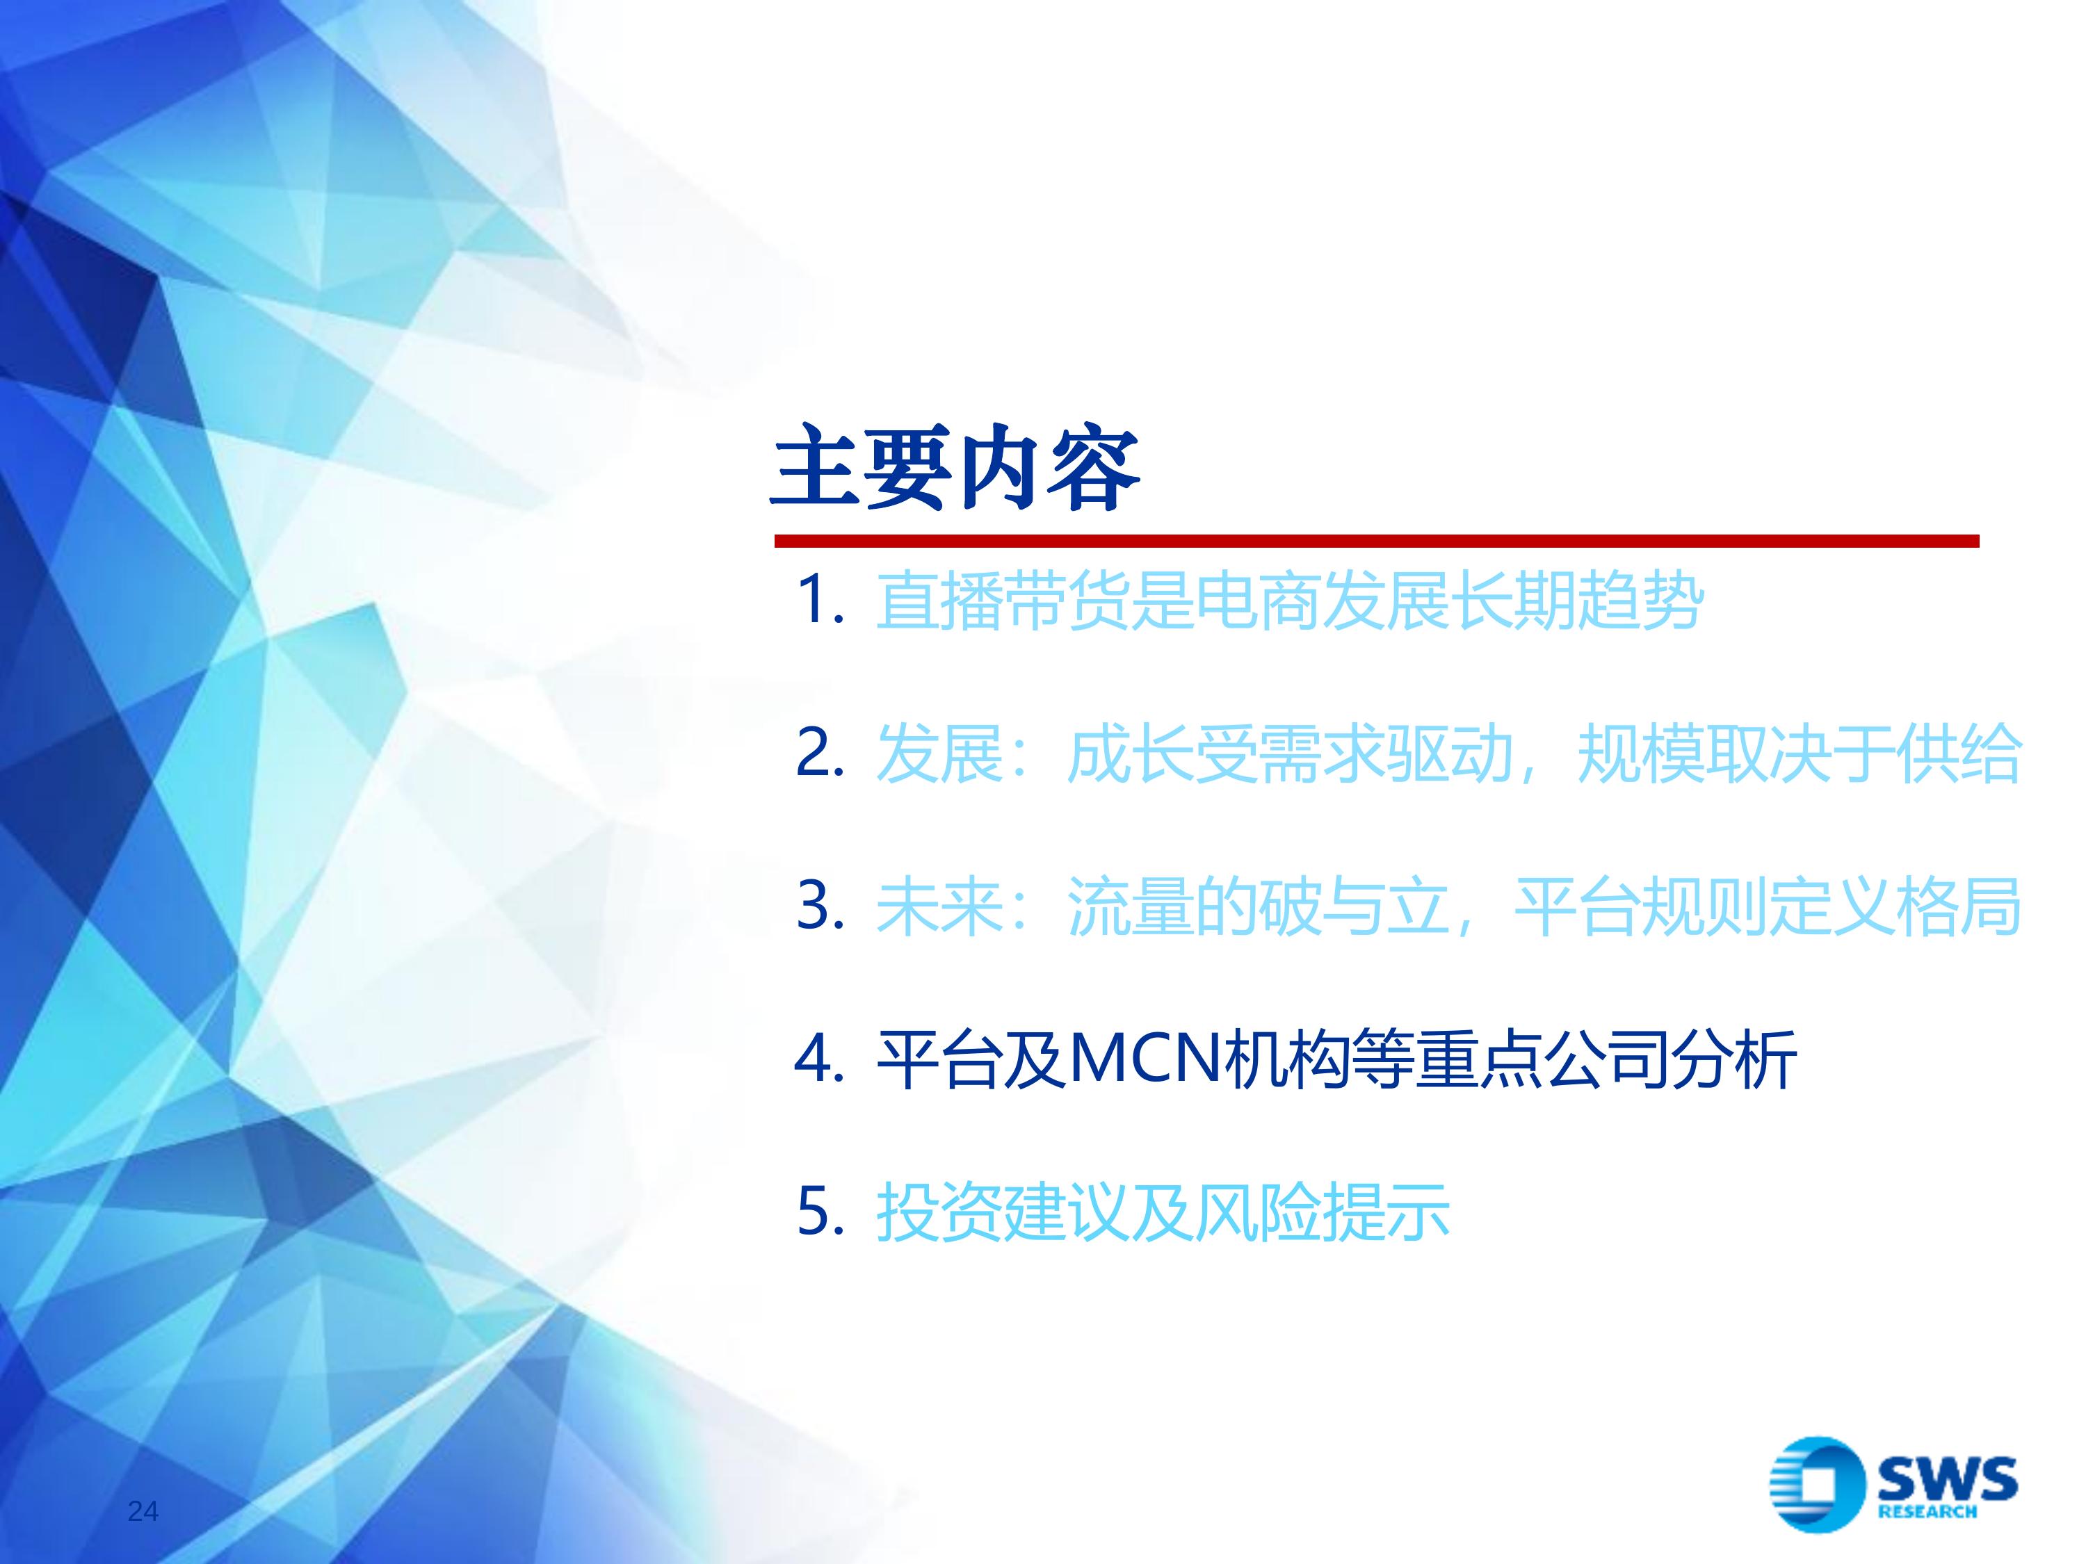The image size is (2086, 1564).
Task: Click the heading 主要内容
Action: (x=955, y=468)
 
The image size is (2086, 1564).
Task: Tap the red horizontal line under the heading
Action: (x=1376, y=541)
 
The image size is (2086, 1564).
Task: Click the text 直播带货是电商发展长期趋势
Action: (x=1289, y=601)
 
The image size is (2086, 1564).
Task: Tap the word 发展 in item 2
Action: (x=938, y=754)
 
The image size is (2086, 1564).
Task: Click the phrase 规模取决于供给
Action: (x=1798, y=754)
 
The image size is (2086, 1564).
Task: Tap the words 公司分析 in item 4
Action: (x=1670, y=1059)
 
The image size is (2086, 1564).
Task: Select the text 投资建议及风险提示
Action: (x=1163, y=1212)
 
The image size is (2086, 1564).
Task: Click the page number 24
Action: (x=143, y=1511)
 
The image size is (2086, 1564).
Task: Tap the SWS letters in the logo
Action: (x=1946, y=1480)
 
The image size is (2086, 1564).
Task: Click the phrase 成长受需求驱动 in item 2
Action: (x=1289, y=754)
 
